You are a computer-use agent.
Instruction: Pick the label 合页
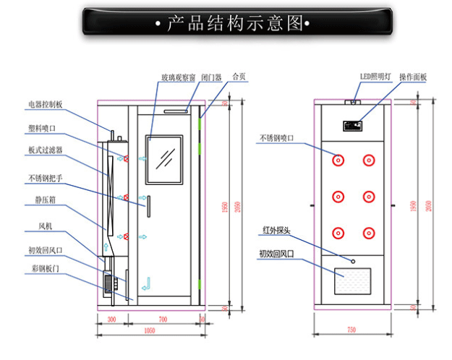(x=238, y=77)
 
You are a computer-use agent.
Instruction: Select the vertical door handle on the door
(x=147, y=205)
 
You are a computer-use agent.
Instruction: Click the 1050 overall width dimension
(x=150, y=330)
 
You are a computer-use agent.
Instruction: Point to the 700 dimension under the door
(x=163, y=319)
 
